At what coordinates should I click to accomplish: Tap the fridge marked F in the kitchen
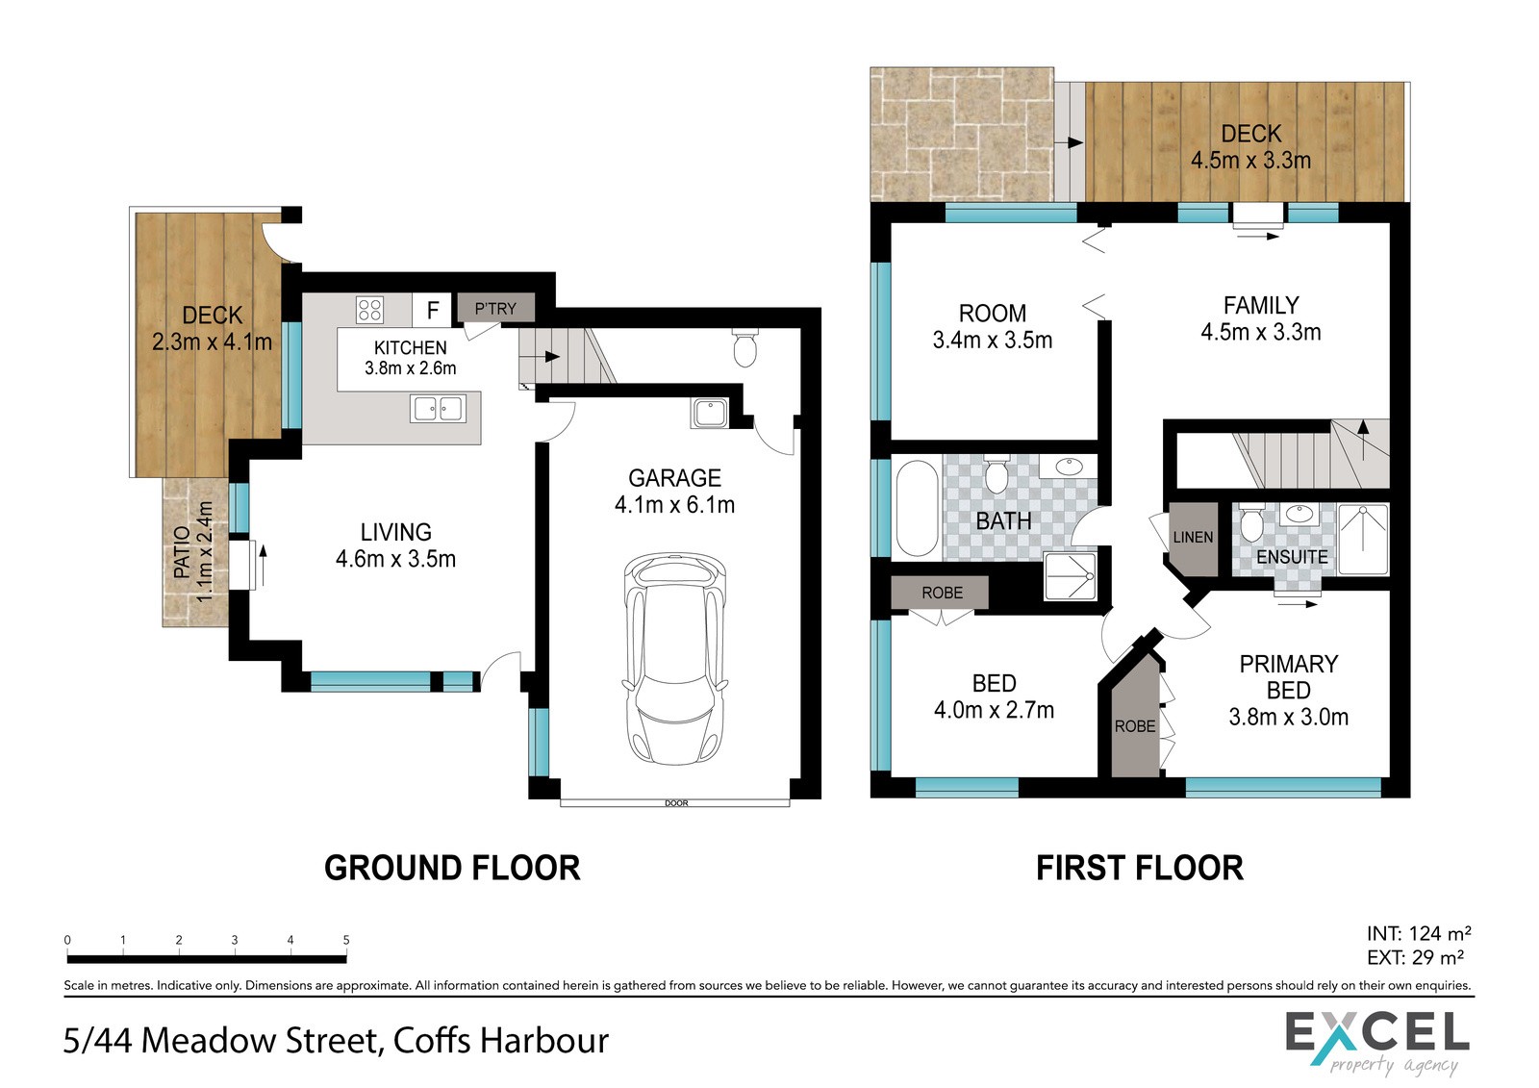click(432, 310)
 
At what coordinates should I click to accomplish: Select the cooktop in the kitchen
click(369, 310)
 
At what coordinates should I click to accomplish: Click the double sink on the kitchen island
click(439, 409)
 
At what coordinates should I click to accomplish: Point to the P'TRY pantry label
click(495, 309)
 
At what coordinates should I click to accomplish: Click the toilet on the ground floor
click(744, 347)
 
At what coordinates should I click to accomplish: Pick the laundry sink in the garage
click(710, 413)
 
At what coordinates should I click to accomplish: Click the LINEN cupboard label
click(1193, 538)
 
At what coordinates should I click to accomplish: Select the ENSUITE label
click(1292, 557)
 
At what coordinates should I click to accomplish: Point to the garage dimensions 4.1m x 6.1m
click(674, 505)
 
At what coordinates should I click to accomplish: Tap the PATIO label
click(182, 552)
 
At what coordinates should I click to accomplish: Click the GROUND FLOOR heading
click(452, 868)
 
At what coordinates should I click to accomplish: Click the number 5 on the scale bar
click(346, 940)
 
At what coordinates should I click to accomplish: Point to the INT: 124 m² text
click(1419, 933)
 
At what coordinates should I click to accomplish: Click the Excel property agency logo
click(1377, 1044)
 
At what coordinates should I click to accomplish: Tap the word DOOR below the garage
click(676, 803)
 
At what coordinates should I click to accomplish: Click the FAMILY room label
click(1261, 305)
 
